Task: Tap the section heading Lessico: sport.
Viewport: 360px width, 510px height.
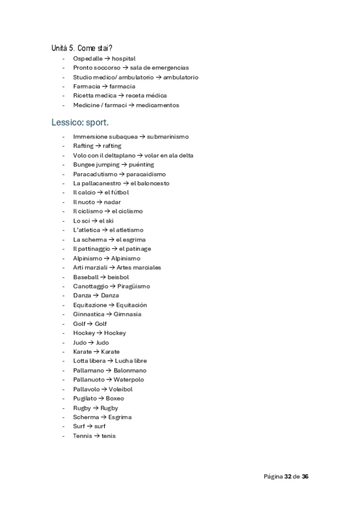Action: coord(79,123)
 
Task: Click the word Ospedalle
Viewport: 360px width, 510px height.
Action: coord(88,58)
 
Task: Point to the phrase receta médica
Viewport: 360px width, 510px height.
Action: coord(147,96)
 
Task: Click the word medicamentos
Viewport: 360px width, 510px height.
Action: coord(157,105)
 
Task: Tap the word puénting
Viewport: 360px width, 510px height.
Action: coord(141,164)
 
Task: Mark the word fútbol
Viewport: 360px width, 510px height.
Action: coord(120,192)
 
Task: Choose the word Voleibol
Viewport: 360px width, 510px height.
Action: coord(122,389)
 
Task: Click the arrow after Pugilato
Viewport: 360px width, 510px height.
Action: coord(102,398)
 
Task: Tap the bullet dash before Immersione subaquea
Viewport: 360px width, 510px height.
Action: coord(63,137)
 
